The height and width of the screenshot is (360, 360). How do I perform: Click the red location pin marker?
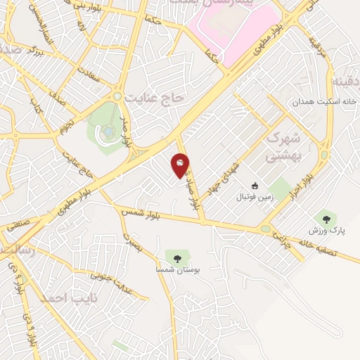click(181, 165)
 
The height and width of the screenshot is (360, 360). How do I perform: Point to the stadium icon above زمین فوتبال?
click(255, 186)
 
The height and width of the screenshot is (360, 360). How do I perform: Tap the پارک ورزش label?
click(324, 230)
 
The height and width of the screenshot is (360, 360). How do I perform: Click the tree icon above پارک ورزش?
click(324, 218)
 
